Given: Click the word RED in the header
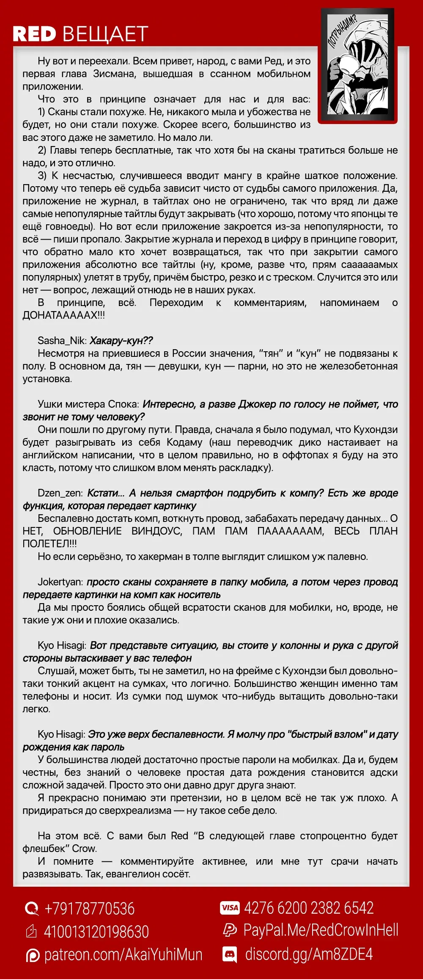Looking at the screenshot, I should [34, 34].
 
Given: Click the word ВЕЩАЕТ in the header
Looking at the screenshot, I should [105, 34].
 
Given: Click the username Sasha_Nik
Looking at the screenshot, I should [62, 341].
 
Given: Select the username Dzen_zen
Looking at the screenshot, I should [60, 493].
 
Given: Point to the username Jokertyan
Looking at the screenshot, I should [60, 582].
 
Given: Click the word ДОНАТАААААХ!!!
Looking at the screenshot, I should [64, 315].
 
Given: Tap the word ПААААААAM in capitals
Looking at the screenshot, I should [291, 531].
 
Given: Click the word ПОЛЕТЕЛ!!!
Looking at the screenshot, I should [50, 544].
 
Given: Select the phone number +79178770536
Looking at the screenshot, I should [89, 909].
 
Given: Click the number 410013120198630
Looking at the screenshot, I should [96, 932].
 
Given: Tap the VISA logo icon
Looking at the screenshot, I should [230, 908].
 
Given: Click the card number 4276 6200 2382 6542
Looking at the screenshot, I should [309, 908].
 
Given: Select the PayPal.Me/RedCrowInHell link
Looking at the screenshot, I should [321, 930].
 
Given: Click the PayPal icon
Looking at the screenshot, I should [230, 930].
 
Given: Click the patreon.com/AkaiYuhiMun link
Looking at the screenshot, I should [123, 955].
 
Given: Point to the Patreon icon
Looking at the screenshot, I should [33, 955].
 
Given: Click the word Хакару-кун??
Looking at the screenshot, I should [121, 341].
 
